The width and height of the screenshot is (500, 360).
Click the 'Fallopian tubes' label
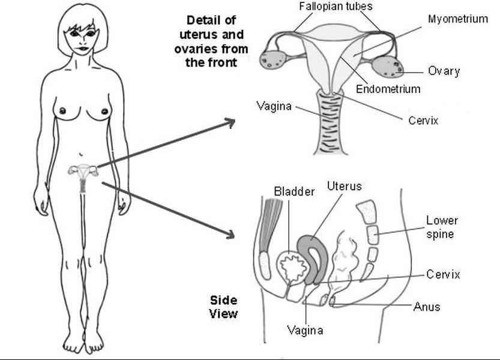tap(336, 7)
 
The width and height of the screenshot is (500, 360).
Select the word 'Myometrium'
tap(458, 19)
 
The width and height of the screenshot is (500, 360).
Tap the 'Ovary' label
tap(444, 71)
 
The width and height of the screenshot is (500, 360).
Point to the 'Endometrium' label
tap(388, 89)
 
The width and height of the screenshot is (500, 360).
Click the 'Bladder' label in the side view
tap(294, 191)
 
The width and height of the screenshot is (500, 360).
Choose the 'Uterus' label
tap(345, 186)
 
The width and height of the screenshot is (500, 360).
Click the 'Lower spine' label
tap(442, 227)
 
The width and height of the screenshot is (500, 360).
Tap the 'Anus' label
tap(427, 307)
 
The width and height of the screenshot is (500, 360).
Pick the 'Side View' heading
tap(223, 307)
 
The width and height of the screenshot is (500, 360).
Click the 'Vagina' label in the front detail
tap(274, 106)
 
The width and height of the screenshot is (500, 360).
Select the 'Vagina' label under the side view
tap(305, 331)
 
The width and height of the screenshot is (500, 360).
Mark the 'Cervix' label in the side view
tap(443, 275)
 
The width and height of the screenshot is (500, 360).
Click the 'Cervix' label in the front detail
tap(423, 121)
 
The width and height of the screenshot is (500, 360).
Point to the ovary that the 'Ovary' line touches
tap(387, 67)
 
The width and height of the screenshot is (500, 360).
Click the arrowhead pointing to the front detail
tap(231, 122)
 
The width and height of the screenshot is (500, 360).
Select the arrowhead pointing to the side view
tap(230, 235)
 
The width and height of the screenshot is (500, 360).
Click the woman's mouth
tap(83, 49)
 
